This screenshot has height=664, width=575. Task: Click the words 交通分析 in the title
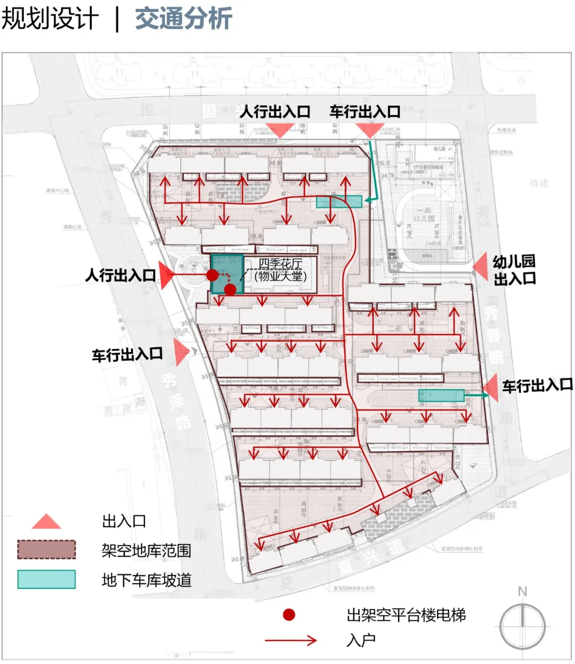[x=183, y=18]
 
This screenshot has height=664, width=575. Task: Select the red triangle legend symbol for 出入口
[x=46, y=522]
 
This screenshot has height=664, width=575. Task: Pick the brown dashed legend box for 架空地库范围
[x=46, y=550]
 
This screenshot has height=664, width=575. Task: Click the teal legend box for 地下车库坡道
[x=46, y=579]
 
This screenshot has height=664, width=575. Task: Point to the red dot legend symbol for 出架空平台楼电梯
[x=289, y=615]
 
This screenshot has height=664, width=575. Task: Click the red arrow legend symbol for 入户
[x=291, y=640]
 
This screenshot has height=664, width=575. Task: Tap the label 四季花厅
[x=280, y=264]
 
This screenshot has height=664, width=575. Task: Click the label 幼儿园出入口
[x=514, y=270]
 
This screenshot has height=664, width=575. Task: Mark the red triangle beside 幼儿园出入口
[x=481, y=266]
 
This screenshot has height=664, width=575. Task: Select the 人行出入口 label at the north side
[x=275, y=112]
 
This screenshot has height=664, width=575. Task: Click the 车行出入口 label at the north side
[x=365, y=112]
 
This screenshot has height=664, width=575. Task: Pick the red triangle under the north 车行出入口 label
[x=369, y=130]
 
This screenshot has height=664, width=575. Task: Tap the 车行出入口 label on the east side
[x=537, y=385]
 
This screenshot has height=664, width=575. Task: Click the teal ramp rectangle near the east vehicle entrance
[x=441, y=395]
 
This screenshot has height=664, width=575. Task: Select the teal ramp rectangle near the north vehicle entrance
[x=339, y=201]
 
